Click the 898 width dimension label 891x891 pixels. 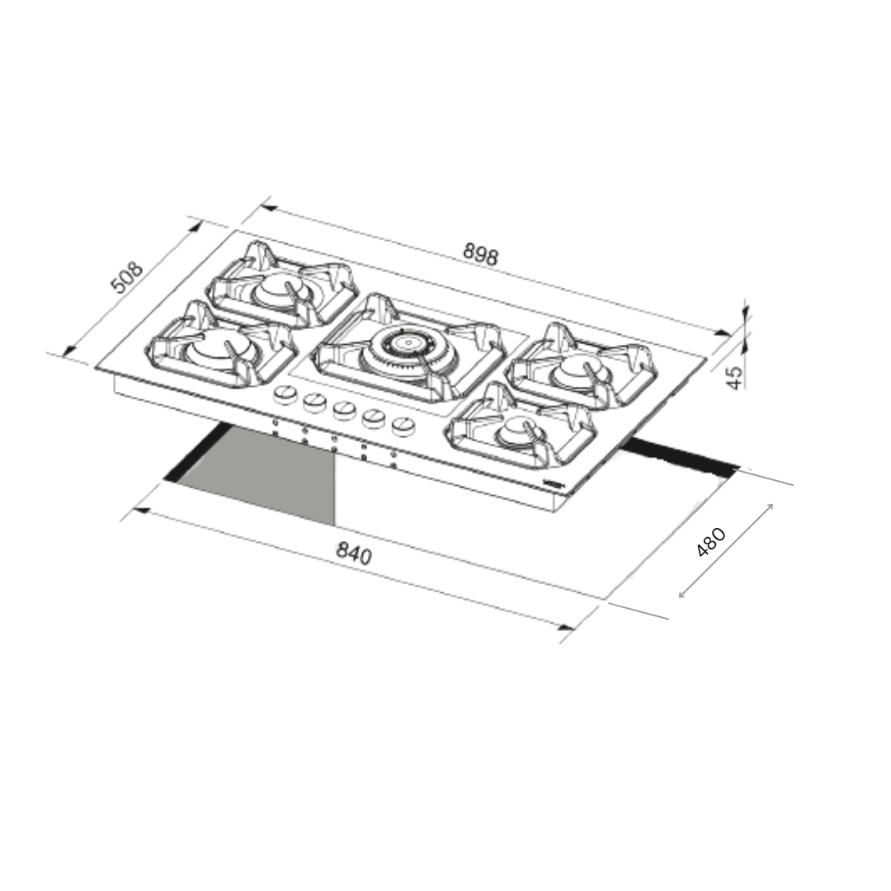tap(481, 254)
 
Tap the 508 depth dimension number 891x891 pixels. tap(126, 277)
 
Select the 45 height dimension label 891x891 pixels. tap(735, 377)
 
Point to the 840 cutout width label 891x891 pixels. tap(354, 554)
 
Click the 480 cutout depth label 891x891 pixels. tap(711, 542)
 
